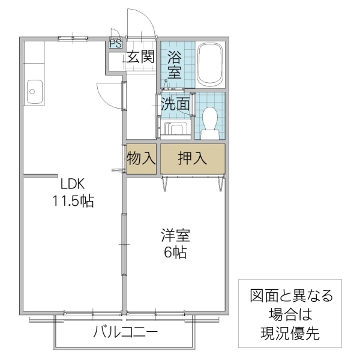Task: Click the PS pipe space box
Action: (114, 43)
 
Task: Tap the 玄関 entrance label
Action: (140, 57)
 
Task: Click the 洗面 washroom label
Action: (176, 104)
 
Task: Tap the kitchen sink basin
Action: (33, 92)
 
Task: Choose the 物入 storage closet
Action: (141, 159)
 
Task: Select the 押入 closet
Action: (192, 159)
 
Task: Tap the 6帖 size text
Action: (175, 252)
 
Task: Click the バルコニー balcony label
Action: (125, 332)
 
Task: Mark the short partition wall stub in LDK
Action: (36, 176)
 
